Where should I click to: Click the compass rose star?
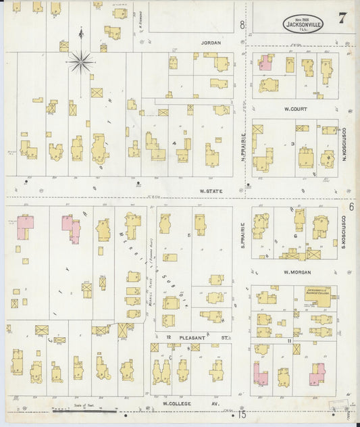click(x=80, y=63)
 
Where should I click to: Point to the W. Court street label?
click(x=295, y=107)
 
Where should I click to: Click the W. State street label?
click(x=211, y=191)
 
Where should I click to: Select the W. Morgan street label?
click(x=296, y=272)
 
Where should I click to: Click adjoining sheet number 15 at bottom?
click(x=241, y=414)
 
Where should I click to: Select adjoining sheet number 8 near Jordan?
click(x=242, y=26)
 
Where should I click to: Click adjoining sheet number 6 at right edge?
click(x=351, y=207)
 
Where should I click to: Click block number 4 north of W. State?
click(x=174, y=144)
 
